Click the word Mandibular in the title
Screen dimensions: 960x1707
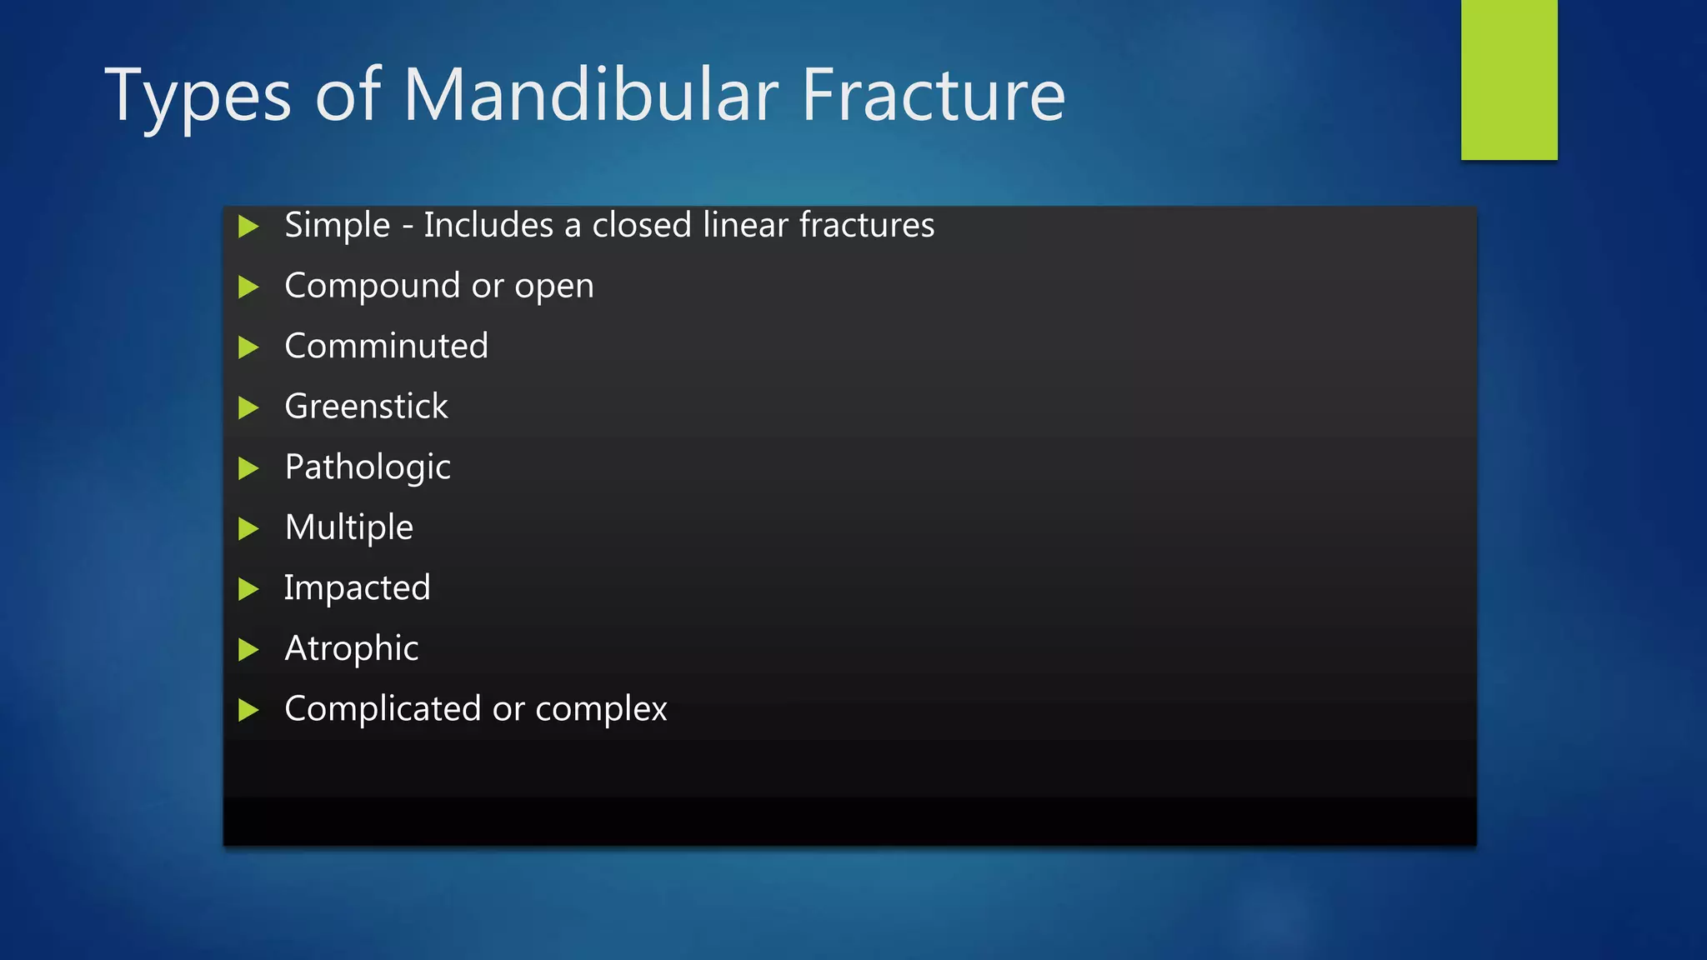[590, 95]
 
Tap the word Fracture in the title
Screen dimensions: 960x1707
[933, 95]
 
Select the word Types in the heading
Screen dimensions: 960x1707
[198, 97]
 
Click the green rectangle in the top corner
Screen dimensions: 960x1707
[1509, 79]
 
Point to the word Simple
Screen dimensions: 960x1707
[337, 226]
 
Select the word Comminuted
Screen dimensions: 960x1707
[386, 346]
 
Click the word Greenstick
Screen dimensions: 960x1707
[366, 407]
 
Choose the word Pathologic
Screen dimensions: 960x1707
[368, 467]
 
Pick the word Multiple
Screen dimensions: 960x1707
[348, 528]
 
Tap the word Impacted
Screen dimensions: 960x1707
[357, 588]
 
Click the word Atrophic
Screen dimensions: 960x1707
[351, 649]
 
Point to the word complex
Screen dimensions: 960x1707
[601, 710]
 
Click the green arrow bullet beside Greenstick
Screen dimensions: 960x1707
[248, 407]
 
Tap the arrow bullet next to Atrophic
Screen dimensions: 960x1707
[248, 649]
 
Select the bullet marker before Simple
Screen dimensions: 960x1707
[248, 226]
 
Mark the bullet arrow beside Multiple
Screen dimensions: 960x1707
[248, 528]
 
